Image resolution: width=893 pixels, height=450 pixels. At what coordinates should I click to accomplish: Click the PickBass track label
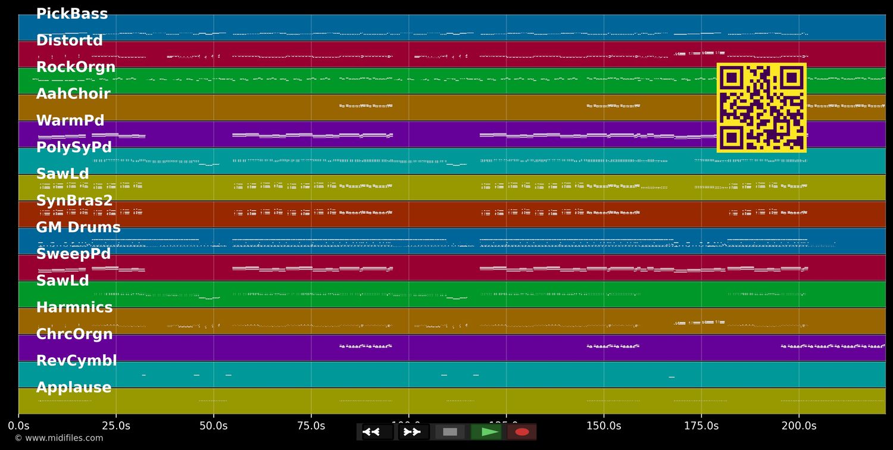[72, 14]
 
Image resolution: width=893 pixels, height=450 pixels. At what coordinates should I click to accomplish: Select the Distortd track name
[70, 40]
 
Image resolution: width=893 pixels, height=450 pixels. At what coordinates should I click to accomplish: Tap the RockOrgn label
[76, 67]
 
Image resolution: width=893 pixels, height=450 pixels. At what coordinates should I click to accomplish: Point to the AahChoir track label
[73, 94]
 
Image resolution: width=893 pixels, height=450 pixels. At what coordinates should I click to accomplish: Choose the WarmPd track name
[70, 121]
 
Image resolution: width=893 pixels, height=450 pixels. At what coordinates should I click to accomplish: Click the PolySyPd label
[74, 147]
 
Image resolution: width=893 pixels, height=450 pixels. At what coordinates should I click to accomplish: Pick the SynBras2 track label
[74, 201]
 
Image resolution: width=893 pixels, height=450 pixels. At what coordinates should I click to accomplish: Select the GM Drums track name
[78, 227]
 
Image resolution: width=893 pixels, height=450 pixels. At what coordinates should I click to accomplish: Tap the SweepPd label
[73, 254]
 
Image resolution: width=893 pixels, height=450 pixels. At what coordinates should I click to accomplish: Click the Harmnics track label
[74, 308]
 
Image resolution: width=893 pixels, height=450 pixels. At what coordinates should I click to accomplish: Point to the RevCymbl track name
[76, 361]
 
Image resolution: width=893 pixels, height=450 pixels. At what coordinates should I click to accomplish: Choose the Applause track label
[74, 387]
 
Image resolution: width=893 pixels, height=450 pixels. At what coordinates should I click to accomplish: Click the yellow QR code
[761, 108]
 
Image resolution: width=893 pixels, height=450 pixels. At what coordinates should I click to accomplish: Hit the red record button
[522, 432]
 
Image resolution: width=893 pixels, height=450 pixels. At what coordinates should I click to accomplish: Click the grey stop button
[450, 432]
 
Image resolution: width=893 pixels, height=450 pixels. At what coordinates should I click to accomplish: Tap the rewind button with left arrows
[371, 432]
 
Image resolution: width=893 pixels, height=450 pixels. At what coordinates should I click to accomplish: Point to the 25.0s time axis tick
[116, 426]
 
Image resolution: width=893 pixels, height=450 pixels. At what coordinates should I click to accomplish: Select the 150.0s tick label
[604, 426]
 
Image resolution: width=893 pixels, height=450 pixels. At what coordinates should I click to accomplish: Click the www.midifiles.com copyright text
[58, 439]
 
